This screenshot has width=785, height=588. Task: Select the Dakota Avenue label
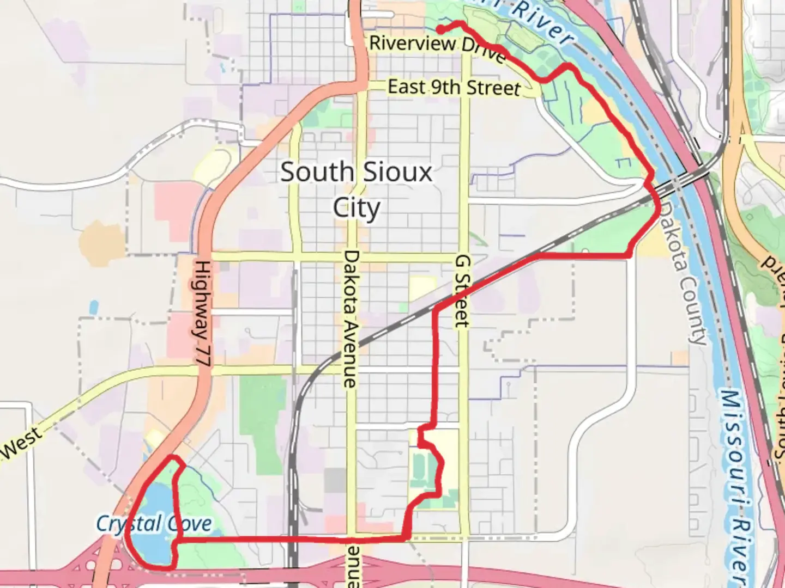point(350,319)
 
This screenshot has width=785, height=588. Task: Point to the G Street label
point(462,292)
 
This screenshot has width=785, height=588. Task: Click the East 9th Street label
point(454,88)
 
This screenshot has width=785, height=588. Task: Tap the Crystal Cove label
point(154,524)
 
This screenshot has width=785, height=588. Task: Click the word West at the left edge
point(21,443)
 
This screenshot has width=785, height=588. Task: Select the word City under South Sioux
point(357,208)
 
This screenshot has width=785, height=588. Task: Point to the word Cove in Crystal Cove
point(189,524)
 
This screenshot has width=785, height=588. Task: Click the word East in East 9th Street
point(406,87)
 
